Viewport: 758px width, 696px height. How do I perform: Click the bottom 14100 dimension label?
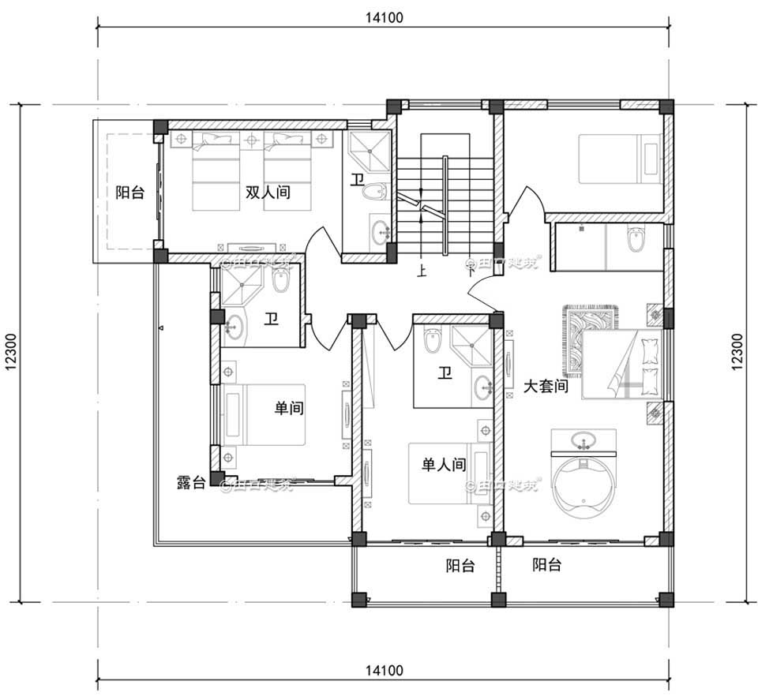click(x=385, y=671)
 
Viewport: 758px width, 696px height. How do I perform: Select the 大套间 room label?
click(x=546, y=387)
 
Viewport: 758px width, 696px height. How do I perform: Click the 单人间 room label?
click(x=443, y=466)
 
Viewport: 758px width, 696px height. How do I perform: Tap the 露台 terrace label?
click(x=192, y=482)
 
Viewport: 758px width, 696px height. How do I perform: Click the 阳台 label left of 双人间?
click(x=129, y=192)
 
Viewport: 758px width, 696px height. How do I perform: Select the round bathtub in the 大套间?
click(x=584, y=485)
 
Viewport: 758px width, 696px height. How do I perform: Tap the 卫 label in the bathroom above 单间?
click(x=270, y=319)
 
